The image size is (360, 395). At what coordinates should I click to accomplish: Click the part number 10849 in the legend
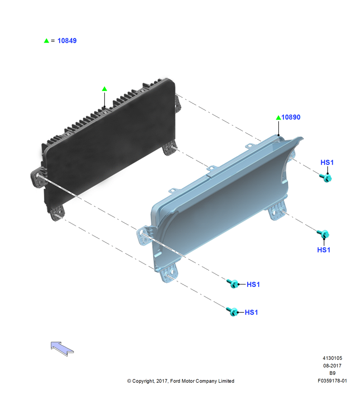coord(67,41)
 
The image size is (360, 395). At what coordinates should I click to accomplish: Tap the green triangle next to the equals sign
coord(46,41)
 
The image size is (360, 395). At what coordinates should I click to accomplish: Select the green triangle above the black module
coord(105,88)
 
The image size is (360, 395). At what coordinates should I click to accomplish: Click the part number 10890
coord(291,117)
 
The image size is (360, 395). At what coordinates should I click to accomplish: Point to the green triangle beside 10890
coord(278,117)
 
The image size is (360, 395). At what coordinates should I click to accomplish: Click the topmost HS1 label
coord(327,162)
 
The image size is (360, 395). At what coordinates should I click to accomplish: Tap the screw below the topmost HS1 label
coord(326,178)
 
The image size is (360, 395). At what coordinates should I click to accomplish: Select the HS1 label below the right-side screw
coord(324,250)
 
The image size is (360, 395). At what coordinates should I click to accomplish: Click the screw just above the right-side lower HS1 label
coord(323,234)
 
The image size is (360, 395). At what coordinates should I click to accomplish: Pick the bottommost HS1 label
coord(251,312)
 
